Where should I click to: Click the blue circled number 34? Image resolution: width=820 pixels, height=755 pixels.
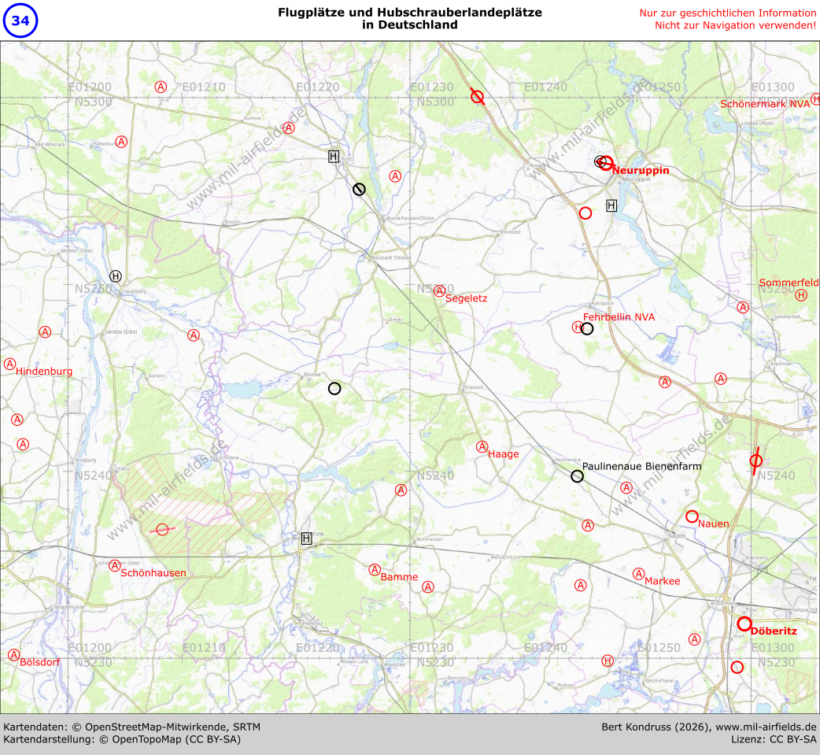[x=20, y=20]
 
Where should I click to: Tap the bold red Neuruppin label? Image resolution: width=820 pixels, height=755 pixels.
[x=641, y=170]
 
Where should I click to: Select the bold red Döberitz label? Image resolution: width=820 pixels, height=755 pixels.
[x=774, y=631]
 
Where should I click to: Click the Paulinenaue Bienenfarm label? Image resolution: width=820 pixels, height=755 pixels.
[x=641, y=466]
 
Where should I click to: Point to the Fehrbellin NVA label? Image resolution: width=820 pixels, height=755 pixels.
[x=619, y=316]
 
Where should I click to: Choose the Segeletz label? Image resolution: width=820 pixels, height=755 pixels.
[x=466, y=298]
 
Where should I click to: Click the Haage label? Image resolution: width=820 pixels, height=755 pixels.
[x=504, y=453]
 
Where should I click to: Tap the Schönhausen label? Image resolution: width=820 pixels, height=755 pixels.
[x=153, y=572]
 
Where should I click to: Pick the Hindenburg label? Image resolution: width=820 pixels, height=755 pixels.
[x=44, y=371]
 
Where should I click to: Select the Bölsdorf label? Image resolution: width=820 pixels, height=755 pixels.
[x=39, y=661]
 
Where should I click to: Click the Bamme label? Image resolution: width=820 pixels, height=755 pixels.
[x=399, y=577]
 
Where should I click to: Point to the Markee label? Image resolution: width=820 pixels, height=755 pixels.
[x=662, y=580]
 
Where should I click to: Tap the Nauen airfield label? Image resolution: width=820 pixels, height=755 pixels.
[x=713, y=523]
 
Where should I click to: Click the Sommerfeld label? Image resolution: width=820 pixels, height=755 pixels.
[x=789, y=282]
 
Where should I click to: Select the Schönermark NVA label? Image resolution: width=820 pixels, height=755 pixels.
[x=765, y=104]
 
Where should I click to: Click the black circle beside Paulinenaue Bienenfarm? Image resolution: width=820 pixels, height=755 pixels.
[x=577, y=476]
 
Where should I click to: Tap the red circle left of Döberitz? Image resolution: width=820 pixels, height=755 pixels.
[x=744, y=624]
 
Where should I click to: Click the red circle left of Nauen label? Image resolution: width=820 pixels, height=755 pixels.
[x=692, y=516]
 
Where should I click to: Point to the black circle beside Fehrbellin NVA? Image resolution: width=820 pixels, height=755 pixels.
[x=587, y=328]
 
